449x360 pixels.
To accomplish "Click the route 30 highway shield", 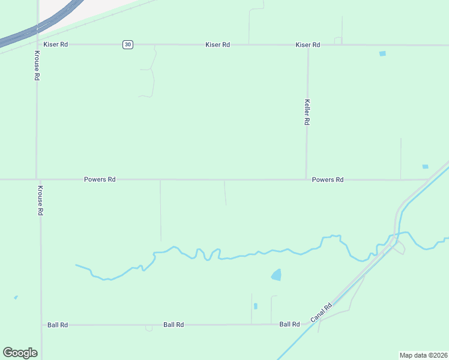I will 127,44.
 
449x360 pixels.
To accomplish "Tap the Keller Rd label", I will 307,112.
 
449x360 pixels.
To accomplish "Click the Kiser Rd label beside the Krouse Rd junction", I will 56,44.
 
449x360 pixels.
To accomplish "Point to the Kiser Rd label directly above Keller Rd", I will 308,45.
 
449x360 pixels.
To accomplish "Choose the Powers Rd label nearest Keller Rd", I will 328,179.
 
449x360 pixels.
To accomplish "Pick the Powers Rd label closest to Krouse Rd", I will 100,179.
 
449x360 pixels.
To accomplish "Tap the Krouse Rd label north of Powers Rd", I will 37,66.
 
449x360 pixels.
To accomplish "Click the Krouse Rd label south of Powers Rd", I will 40,200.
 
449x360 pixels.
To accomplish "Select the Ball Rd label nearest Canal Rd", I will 289,324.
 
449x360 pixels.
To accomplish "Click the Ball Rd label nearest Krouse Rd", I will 58,325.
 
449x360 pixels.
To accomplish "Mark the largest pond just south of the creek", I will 276,275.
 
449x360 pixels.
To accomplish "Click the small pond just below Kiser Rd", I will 382,54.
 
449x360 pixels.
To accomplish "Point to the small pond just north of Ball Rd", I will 256,306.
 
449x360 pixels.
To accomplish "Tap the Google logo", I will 20,352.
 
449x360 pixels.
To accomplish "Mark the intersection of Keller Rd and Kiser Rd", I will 308,45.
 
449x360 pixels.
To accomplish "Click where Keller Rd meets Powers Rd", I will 306,179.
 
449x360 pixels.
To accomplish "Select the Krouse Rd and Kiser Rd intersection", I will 37,44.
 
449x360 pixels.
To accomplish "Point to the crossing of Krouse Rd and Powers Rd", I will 38,179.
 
